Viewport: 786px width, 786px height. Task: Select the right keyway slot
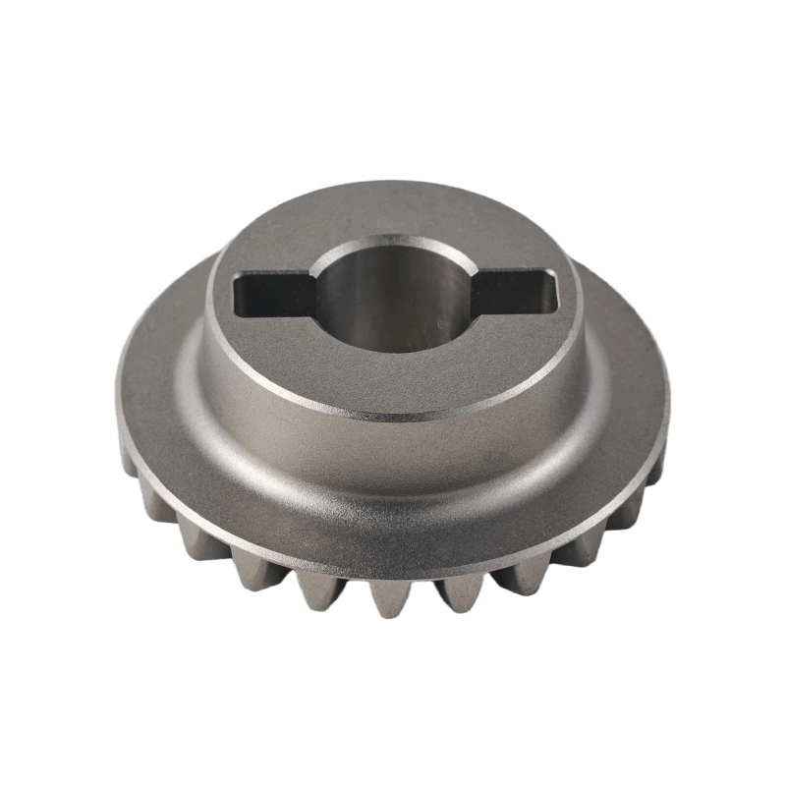516,291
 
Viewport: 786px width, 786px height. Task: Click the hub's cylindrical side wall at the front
393,442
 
